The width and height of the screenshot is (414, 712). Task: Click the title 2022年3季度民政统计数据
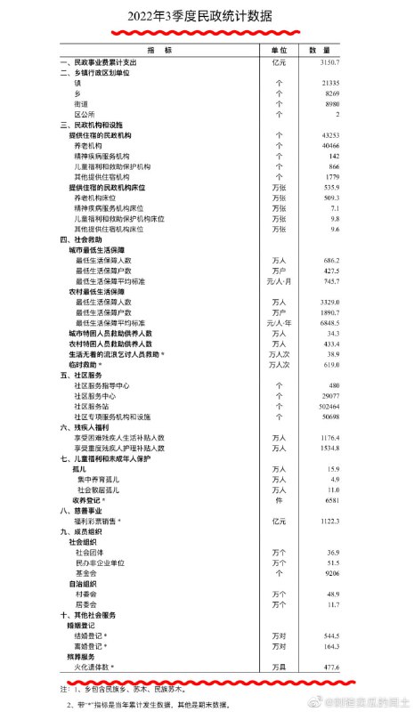207,17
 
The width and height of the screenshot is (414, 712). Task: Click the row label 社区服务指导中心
106,385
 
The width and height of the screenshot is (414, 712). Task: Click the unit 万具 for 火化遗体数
280,667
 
